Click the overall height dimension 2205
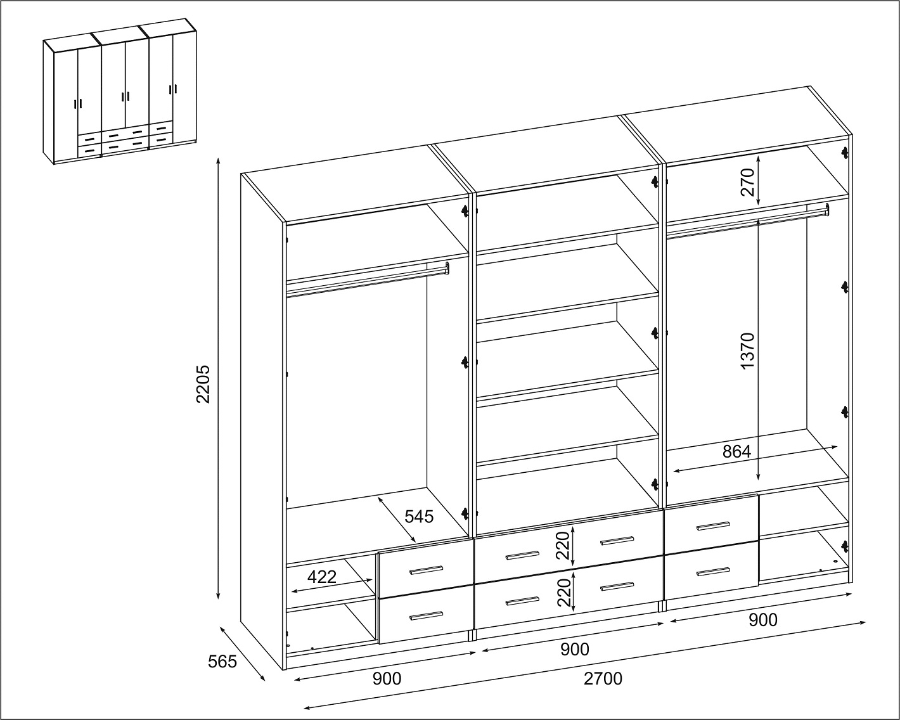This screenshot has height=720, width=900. click(x=203, y=384)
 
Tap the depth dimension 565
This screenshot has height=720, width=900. click(x=222, y=662)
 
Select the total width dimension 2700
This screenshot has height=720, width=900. click(x=603, y=679)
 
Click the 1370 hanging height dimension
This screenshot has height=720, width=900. click(x=747, y=350)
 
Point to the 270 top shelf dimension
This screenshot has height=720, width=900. click(x=747, y=182)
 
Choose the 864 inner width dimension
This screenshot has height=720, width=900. click(x=737, y=451)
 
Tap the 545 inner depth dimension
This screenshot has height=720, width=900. click(x=419, y=517)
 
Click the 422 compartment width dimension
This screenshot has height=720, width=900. click(x=321, y=577)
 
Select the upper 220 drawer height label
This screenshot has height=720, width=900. click(x=563, y=545)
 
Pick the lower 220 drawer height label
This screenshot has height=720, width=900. click(x=563, y=593)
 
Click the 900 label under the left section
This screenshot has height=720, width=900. click(x=387, y=679)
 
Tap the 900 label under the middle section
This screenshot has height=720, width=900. click(x=575, y=650)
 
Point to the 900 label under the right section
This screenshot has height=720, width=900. click(x=763, y=620)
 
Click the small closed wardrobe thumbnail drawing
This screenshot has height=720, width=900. click(x=120, y=91)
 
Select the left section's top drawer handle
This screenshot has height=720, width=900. click(x=426, y=570)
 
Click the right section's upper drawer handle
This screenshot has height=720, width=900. click(x=713, y=526)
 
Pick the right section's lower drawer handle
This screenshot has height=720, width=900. click(x=713, y=571)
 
